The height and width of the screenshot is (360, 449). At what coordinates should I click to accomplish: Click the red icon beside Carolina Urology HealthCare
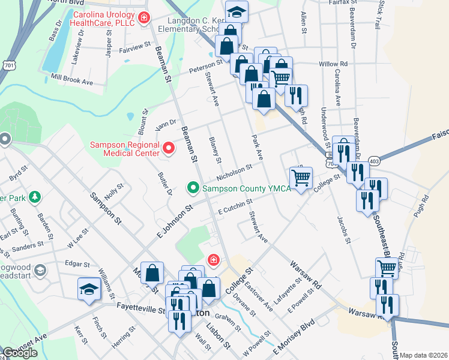pyautogui.click(x=143, y=18)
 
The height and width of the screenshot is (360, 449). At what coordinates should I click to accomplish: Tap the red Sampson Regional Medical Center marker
pyautogui.click(x=169, y=147)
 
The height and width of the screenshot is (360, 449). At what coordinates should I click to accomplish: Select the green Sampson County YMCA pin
pyautogui.click(x=193, y=188)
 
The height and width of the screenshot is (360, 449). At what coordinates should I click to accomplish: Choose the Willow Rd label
pyautogui.click(x=333, y=64)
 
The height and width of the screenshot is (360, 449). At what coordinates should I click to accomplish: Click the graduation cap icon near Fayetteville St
pyautogui.click(x=88, y=289)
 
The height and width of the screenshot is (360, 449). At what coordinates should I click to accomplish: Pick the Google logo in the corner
pyautogui.click(x=20, y=353)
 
